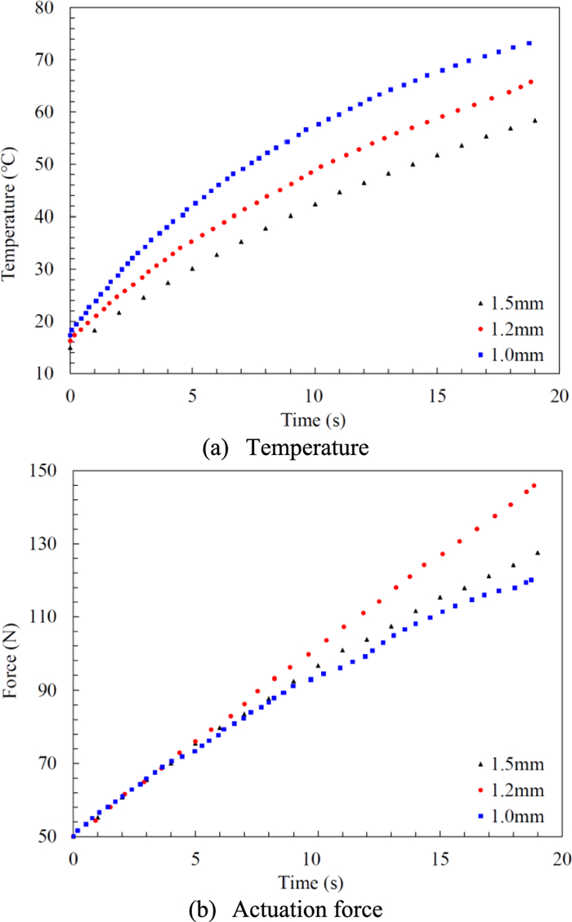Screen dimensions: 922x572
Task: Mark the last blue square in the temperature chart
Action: tap(530, 43)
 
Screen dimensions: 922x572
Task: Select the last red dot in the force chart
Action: tap(534, 485)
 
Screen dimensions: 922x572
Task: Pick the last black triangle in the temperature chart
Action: tap(535, 120)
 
